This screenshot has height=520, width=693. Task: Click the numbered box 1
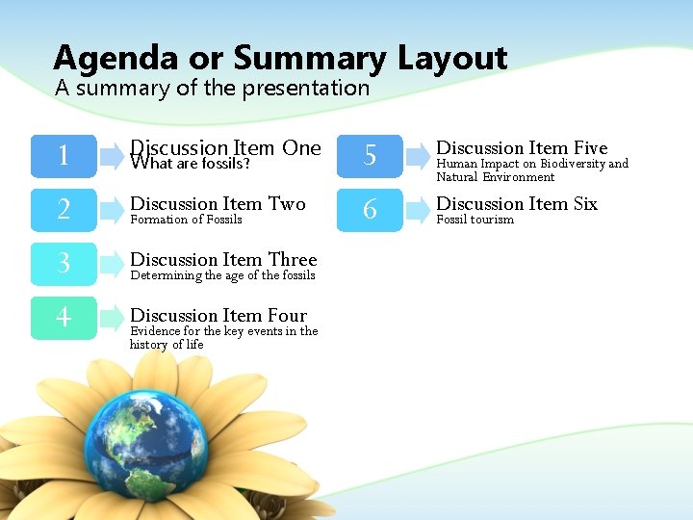point(64,156)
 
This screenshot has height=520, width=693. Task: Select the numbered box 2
point(64,210)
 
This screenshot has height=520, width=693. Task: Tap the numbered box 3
point(64,264)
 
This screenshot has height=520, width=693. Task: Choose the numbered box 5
point(370,156)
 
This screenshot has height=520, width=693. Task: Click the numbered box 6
point(370,210)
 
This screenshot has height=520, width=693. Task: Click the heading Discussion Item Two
point(218,203)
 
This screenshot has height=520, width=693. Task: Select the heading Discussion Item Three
point(223,259)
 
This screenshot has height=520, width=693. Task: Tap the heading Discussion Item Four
point(218,315)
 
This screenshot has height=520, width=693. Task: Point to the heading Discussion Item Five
point(522,147)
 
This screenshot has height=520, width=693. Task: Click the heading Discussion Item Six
point(517,203)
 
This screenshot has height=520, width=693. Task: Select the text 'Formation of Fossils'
point(186,220)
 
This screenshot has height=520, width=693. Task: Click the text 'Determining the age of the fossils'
point(222,275)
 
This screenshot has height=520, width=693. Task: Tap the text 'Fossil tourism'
point(475,220)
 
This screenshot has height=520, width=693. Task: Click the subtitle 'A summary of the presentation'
point(212,88)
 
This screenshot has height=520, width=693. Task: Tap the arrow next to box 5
point(418,156)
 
